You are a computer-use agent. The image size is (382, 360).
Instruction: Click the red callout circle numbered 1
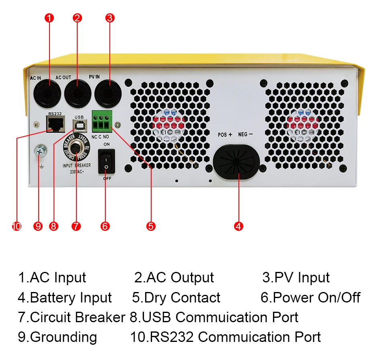[x=49, y=18]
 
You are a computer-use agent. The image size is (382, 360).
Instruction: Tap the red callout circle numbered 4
[x=238, y=226]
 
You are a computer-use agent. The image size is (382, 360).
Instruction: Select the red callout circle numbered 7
[x=76, y=226]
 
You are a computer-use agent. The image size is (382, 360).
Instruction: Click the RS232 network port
[x=55, y=125]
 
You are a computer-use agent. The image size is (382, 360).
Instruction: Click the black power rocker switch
[x=107, y=161]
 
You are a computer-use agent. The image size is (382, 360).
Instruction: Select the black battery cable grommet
[x=236, y=162]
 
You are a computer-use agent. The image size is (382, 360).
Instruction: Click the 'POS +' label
[x=225, y=135]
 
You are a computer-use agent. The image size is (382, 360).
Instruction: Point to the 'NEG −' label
[x=245, y=135]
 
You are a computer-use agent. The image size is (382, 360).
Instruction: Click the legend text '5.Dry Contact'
[x=176, y=298]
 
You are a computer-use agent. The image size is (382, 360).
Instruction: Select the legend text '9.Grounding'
[x=57, y=337]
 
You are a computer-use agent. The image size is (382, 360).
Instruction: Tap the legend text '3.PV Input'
[x=296, y=278]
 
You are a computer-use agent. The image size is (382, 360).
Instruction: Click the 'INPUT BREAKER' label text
[x=76, y=165]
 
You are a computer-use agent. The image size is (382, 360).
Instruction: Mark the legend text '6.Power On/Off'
[x=310, y=298]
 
